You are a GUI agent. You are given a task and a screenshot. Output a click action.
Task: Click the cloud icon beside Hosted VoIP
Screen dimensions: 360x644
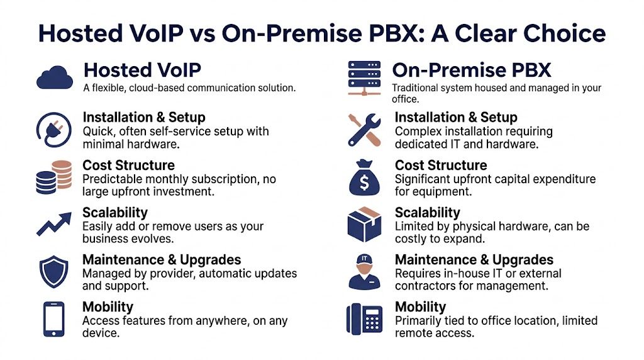click(55, 78)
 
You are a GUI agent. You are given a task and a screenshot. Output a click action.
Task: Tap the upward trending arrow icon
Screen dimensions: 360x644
click(53, 225)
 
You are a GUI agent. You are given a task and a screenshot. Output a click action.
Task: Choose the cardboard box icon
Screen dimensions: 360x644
click(364, 225)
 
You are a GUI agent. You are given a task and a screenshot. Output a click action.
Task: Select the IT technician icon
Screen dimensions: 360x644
click(365, 272)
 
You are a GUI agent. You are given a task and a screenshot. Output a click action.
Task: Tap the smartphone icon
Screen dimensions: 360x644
click(53, 319)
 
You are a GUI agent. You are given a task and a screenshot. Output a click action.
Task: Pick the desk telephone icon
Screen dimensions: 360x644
click(364, 319)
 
